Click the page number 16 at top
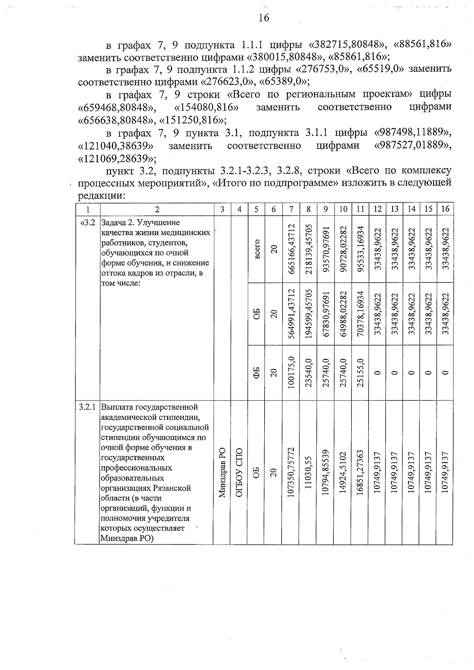coord(264,18)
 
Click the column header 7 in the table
coord(291,209)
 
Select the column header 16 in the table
coord(445,209)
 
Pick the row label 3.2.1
coord(87,407)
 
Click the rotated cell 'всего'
coord(257,249)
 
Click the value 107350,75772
coord(291,472)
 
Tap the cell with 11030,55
coord(308,472)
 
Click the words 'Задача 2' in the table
coord(118,223)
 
